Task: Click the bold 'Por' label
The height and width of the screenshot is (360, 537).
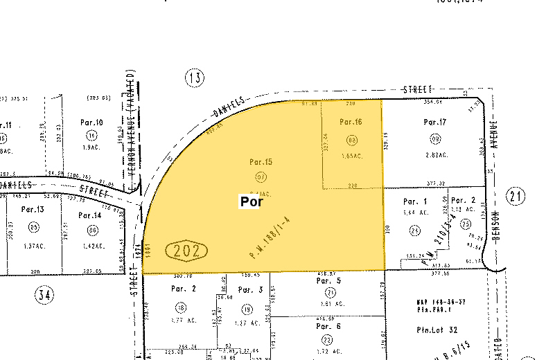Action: click(x=251, y=202)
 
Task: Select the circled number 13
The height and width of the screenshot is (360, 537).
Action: click(x=195, y=78)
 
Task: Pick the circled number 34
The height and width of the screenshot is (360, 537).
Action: click(x=44, y=296)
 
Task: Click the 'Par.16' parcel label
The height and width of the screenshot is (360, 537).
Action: click(x=351, y=122)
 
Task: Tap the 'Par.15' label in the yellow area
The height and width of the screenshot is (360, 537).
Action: click(x=261, y=162)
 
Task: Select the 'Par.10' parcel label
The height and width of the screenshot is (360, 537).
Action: click(x=91, y=123)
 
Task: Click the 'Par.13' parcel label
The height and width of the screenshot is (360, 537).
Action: click(x=33, y=209)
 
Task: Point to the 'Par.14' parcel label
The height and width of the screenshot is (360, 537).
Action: click(x=90, y=215)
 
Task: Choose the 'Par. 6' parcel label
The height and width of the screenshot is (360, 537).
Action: click(x=329, y=325)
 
